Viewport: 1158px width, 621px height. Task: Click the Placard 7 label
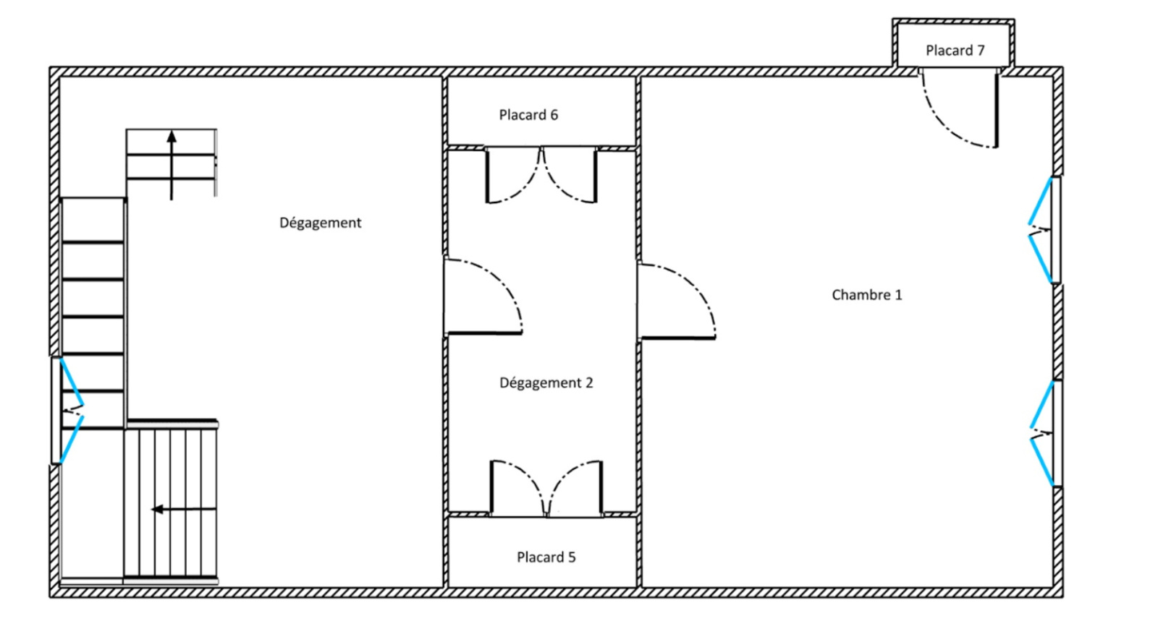(x=955, y=51)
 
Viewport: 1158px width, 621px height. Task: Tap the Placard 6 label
(x=528, y=115)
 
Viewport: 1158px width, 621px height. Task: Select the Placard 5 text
(x=546, y=557)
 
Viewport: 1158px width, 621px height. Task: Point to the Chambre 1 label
(x=866, y=295)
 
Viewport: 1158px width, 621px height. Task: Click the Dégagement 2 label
(x=546, y=382)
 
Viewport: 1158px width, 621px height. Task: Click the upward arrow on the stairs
(x=172, y=165)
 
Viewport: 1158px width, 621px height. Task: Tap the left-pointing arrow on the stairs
(x=184, y=510)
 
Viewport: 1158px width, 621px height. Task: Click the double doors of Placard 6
(x=541, y=176)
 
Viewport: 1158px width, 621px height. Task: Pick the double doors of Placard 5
(x=546, y=488)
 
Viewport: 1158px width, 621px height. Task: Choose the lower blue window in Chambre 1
(x=1042, y=434)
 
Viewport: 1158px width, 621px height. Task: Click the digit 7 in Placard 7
(x=981, y=51)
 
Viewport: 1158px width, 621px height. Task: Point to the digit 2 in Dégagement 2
(x=589, y=382)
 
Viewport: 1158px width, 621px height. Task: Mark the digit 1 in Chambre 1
(x=898, y=295)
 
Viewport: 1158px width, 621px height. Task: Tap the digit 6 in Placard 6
(x=554, y=115)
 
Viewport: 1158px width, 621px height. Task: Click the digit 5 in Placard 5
(x=572, y=557)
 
